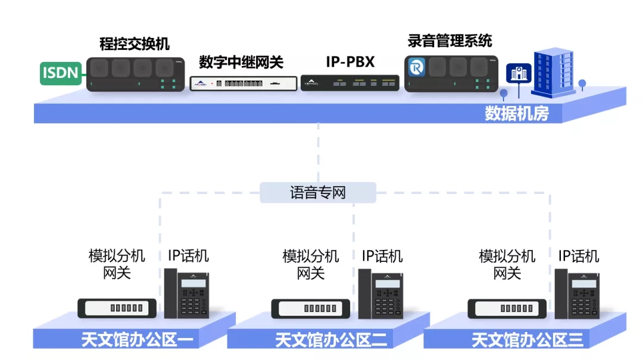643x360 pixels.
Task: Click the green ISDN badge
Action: pos(61,73)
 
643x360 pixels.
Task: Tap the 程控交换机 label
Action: pos(135,44)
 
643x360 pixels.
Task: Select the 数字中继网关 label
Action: pos(241,62)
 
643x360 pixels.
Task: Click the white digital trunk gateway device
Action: pos(244,83)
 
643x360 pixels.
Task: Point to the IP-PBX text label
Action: pos(350,62)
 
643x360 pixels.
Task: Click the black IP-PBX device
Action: pos(350,83)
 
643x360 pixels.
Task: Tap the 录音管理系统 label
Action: pos(450,40)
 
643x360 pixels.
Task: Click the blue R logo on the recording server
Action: pos(417,67)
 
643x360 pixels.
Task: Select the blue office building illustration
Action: pos(553,72)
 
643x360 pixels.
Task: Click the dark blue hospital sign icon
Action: pos(519,74)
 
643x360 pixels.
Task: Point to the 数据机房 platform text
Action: pos(517,113)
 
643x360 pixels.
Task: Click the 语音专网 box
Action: pos(318,192)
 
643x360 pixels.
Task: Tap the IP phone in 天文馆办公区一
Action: pos(186,293)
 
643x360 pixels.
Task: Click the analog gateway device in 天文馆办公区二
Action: pos(310,309)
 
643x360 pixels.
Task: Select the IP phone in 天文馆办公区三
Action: pos(578,293)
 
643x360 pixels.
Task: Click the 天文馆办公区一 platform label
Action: pos(137,340)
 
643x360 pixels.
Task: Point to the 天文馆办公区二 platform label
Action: pos(331,340)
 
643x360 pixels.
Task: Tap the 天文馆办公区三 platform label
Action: pos(527,340)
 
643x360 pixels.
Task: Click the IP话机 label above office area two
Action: pos(382,256)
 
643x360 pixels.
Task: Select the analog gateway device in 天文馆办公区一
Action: pos(117,308)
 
